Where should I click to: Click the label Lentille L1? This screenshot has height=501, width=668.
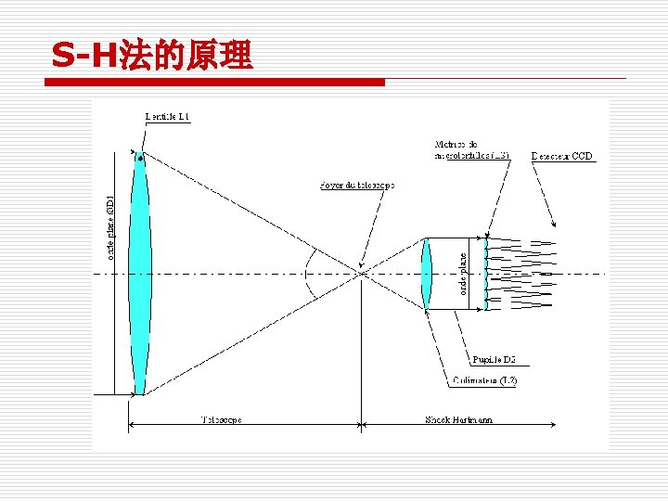pos(168,117)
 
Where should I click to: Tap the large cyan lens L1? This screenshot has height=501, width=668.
pos(139,274)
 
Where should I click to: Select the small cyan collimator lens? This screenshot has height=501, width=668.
pos(427,274)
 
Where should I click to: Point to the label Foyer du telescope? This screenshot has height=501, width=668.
pos(356,186)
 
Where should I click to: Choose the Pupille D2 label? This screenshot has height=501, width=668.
pos(495,359)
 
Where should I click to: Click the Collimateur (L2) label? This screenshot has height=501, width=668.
pos(484,380)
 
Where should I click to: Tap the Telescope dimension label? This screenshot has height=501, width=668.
pos(222,419)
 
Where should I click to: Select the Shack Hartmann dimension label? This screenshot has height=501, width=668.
pos(458,419)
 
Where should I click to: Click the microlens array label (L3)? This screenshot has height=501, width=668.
pos(471,150)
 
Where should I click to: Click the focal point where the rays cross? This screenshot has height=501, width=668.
pos(360,273)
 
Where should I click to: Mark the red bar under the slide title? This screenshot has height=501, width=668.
pos(214,83)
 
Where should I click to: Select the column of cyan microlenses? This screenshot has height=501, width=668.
pos(486,274)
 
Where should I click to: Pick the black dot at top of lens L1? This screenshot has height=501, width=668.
pos(140,159)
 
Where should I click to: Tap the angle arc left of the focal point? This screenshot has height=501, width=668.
pos(309,273)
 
